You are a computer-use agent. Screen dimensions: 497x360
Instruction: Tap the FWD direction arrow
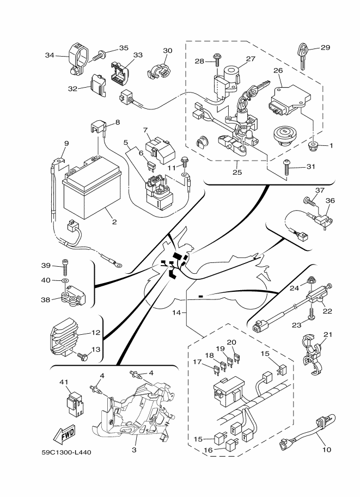(65, 434)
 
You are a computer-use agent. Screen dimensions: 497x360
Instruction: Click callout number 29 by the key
(325, 48)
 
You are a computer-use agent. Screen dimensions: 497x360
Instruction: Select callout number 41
(64, 382)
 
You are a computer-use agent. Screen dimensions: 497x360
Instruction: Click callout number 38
(46, 299)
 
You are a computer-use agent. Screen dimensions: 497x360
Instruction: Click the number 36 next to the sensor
(330, 200)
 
